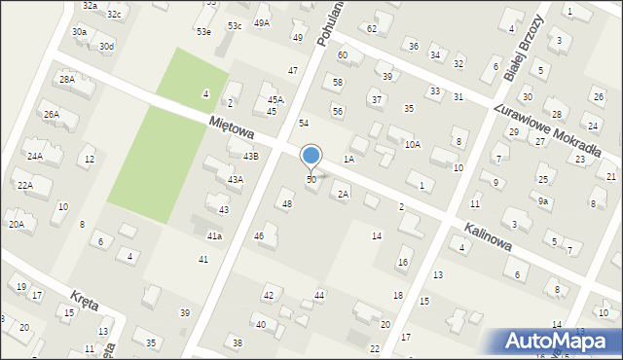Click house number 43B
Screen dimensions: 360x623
coord(251,156)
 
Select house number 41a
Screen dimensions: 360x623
coord(214,235)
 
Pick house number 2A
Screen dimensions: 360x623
coord(343,194)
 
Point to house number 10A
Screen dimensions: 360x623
coord(413,144)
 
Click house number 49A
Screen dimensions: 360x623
coord(262,22)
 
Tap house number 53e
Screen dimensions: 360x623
coord(203,32)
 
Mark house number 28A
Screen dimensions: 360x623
coord(66,80)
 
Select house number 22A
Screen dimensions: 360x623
coord(25,185)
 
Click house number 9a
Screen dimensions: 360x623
coord(543,201)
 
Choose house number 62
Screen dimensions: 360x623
coord(372,28)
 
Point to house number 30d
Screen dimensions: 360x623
coord(106,47)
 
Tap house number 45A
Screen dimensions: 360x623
coord(276,99)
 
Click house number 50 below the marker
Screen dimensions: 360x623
coord(311,180)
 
